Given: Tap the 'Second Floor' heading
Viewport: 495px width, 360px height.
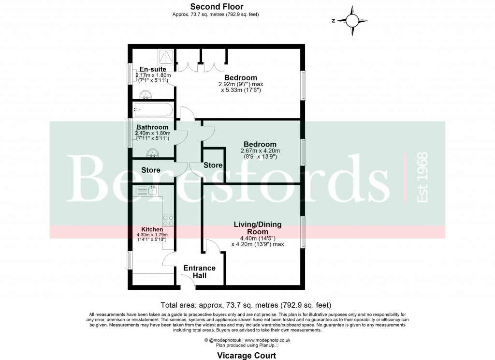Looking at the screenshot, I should (x=216, y=6).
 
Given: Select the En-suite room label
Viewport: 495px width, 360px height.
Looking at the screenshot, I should (x=153, y=69).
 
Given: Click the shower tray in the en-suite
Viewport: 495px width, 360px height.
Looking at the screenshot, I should (x=165, y=56).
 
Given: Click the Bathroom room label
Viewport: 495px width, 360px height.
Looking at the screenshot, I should (x=152, y=127).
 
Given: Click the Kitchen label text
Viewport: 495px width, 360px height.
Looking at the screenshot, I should (x=152, y=229).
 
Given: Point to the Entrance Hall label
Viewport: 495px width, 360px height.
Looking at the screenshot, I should (x=199, y=272).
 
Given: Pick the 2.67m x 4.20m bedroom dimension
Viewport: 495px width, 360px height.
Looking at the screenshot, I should (x=260, y=151).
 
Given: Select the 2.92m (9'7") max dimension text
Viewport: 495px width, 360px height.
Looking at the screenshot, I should (x=241, y=84).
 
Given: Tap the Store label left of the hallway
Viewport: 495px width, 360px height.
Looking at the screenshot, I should (x=150, y=170).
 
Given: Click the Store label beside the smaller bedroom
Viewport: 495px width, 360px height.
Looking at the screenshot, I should (x=213, y=165).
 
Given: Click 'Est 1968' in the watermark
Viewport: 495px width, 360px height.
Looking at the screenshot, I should (x=422, y=177).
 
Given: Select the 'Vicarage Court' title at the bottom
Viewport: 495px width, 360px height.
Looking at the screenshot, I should (x=247, y=356).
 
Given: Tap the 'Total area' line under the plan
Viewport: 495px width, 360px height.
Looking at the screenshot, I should (x=246, y=305).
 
